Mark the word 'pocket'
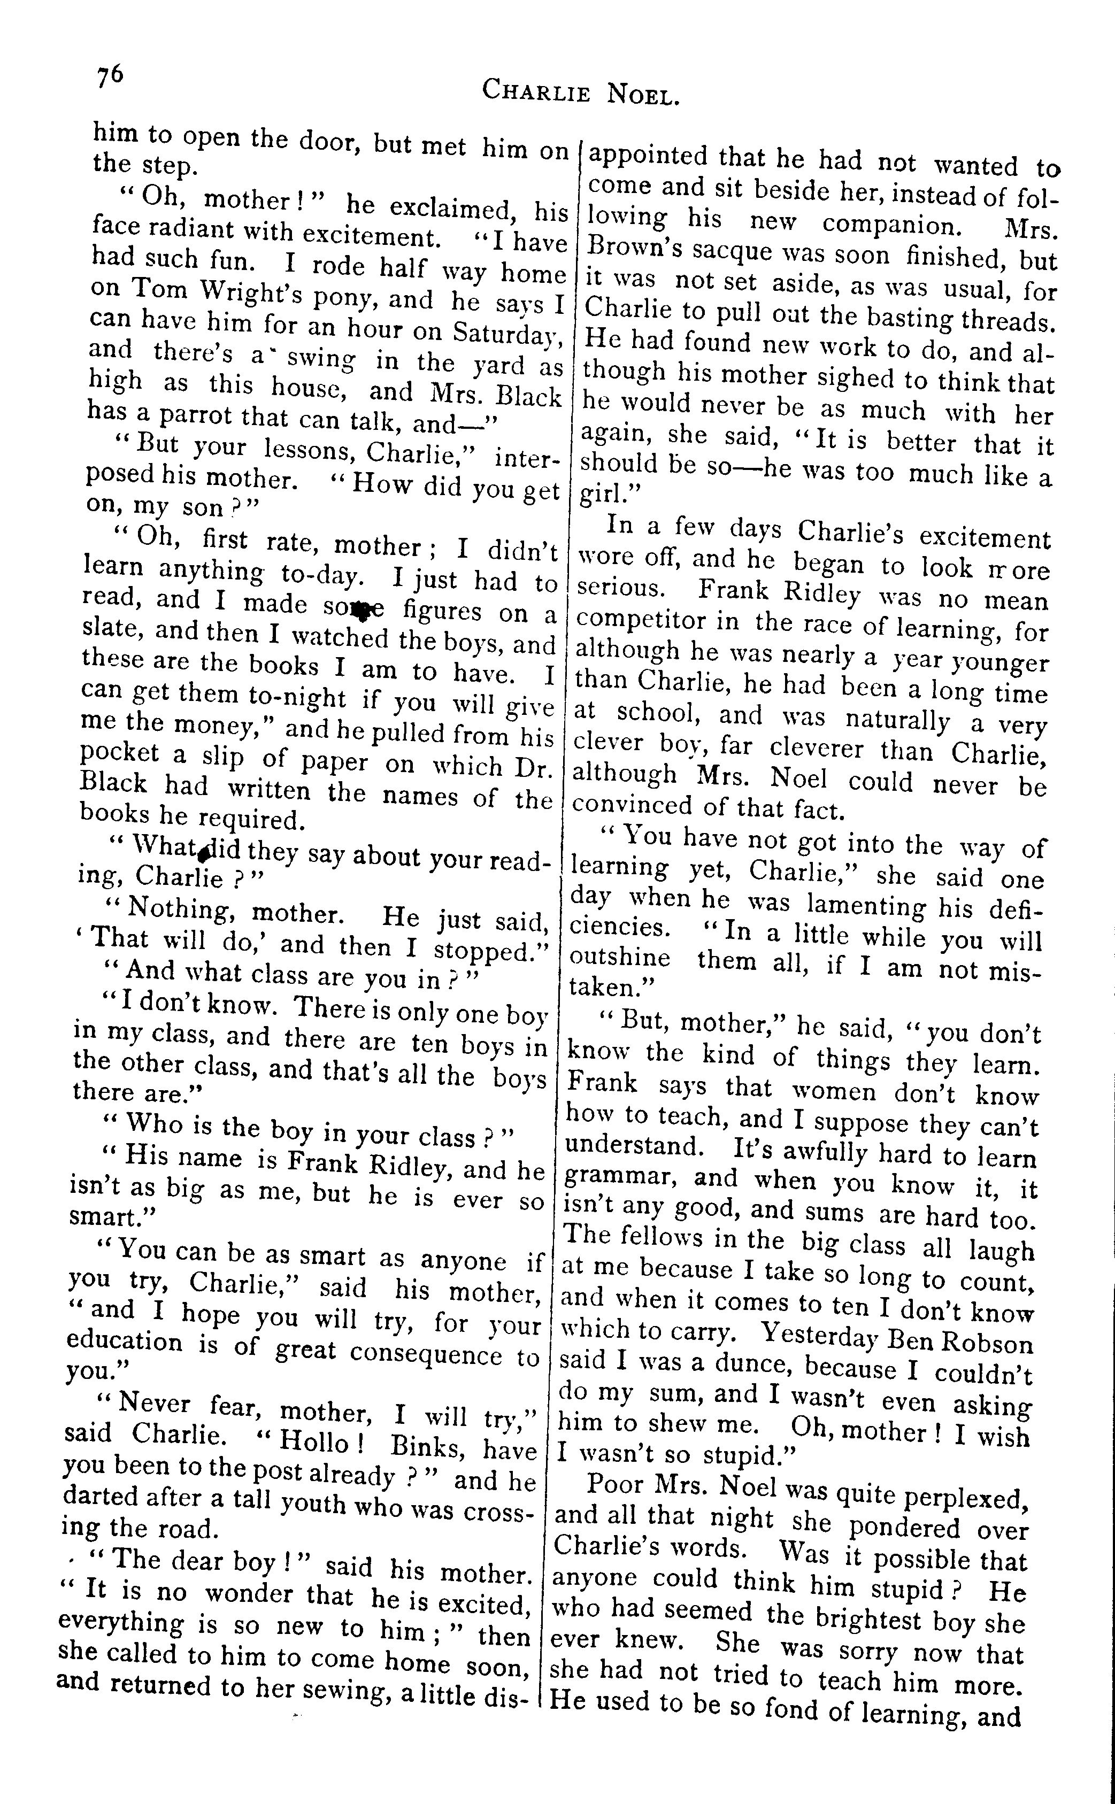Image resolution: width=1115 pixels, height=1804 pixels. pos(119,753)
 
